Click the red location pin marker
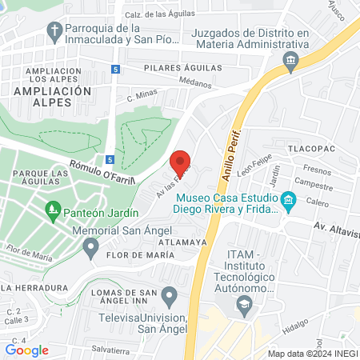click(x=181, y=162)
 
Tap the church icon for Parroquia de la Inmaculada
click(x=54, y=33)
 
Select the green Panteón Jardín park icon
click(x=53, y=211)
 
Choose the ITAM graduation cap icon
click(x=243, y=304)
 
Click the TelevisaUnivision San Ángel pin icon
click(x=168, y=298)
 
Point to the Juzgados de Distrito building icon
click(x=290, y=59)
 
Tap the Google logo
click(x=27, y=350)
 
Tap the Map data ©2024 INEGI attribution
click(x=312, y=354)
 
